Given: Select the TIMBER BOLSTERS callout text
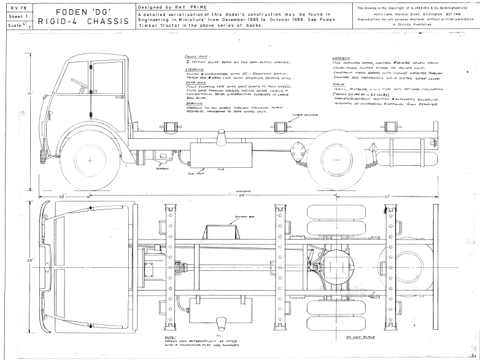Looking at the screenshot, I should [292, 115].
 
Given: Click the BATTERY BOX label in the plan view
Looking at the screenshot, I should [244, 217].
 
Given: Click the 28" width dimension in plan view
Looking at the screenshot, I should [29, 260].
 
